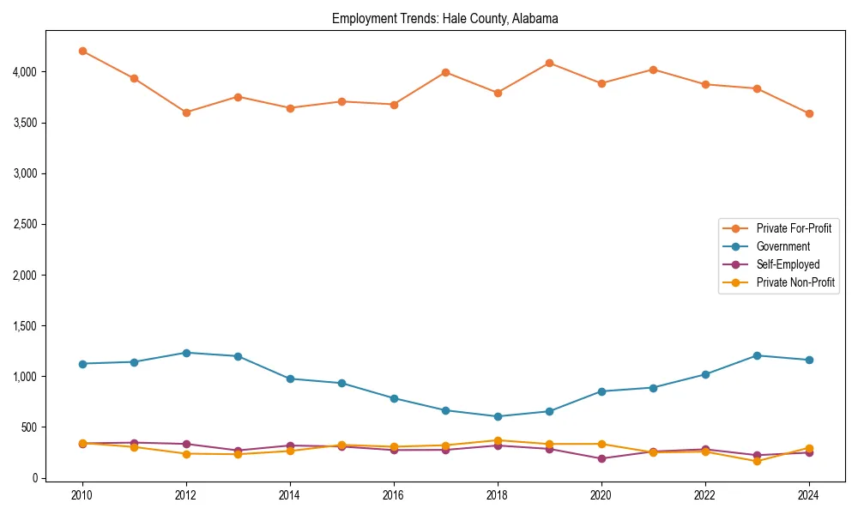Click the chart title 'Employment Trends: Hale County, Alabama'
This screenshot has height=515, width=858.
tap(445, 19)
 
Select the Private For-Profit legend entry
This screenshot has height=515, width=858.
tap(786, 228)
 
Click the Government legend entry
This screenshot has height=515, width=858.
tap(782, 246)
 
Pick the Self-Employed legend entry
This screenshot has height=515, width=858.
tap(788, 264)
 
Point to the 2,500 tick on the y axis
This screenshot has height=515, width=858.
tap(24, 224)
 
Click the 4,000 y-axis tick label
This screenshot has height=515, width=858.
tap(24, 72)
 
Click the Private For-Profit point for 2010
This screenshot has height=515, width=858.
tap(82, 51)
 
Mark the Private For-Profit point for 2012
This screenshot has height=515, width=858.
tap(186, 112)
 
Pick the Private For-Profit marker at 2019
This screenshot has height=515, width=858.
tap(549, 63)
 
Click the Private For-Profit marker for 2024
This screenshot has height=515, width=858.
tap(809, 113)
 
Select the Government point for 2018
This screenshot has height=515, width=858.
tap(498, 416)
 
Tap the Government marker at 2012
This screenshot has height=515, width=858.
tap(186, 353)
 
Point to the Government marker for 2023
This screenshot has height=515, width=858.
tap(757, 355)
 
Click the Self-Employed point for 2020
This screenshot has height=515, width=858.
tap(601, 458)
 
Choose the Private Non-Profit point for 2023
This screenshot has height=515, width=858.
tap(757, 461)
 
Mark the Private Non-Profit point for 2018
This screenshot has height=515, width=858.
tap(498, 440)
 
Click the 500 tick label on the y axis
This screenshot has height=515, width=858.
tap(29, 427)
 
